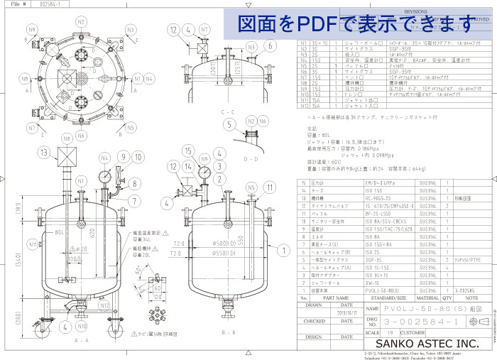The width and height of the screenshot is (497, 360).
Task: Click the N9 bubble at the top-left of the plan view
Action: coord(32,29)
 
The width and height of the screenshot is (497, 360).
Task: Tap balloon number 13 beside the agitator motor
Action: coord(44,153)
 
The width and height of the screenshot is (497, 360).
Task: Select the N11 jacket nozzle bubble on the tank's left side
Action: coord(33,244)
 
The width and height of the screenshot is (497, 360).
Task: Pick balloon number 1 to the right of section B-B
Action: coord(283,251)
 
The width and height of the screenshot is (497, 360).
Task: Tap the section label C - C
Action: coord(228,112)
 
